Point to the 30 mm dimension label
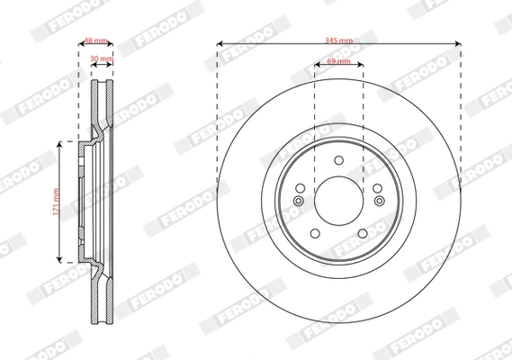click(101, 58)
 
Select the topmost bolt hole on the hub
click(338, 159)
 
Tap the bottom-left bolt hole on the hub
click(314, 234)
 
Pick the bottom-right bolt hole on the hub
click(363, 234)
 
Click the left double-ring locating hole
click(298, 201)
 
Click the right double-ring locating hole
click(378, 201)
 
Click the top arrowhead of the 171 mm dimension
click(61, 143)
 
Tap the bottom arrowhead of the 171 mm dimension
click(61, 258)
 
